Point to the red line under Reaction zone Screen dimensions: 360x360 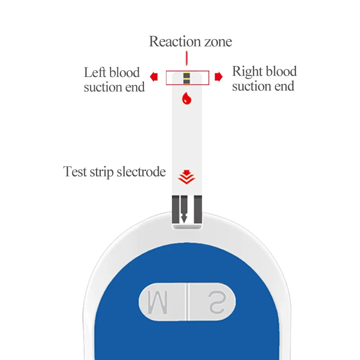(186, 58)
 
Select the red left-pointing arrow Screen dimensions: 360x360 (154, 77)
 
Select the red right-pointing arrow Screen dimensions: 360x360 (219, 77)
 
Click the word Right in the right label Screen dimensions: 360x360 (247, 72)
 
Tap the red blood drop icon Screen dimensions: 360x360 (186, 99)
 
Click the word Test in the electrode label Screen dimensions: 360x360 (75, 171)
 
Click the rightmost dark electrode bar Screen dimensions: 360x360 (198, 209)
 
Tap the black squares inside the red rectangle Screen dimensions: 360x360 (186, 78)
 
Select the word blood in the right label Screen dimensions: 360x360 (281, 72)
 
